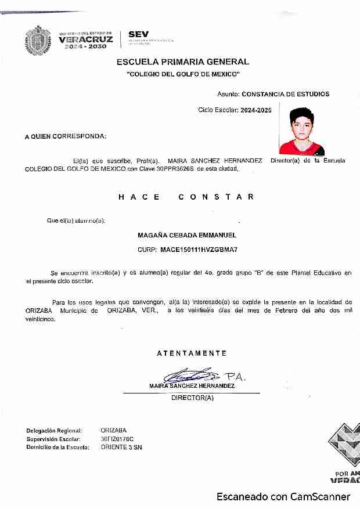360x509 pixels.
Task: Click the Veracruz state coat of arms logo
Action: click(x=38, y=40)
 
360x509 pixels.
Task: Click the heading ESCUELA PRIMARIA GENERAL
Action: click(x=183, y=62)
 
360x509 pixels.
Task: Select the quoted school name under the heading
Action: click(x=183, y=75)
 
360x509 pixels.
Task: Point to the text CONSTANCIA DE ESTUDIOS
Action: click(x=285, y=93)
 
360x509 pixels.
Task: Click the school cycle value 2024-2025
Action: click(x=256, y=109)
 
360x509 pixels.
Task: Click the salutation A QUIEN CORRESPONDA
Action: click(x=65, y=136)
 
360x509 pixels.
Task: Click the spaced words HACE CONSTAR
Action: click(x=186, y=197)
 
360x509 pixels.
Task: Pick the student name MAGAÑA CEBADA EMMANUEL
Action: click(x=186, y=235)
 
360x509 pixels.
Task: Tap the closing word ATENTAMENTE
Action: click(x=192, y=353)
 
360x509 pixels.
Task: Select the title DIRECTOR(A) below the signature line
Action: click(x=192, y=398)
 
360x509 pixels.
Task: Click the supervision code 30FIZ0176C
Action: click(x=117, y=439)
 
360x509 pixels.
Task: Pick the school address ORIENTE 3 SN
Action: click(x=121, y=447)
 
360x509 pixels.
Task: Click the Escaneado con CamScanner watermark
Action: click(x=283, y=497)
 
